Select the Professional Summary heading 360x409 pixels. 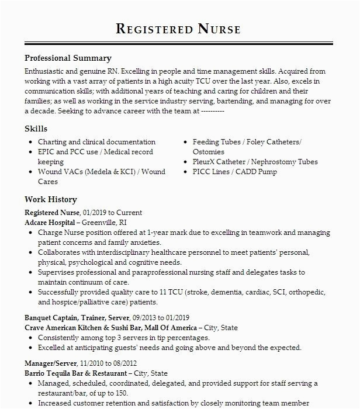(x=68, y=58)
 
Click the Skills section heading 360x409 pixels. (x=36, y=129)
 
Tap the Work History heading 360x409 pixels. (x=51, y=199)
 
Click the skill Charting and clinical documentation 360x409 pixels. (x=96, y=142)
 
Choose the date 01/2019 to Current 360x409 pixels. (x=115, y=213)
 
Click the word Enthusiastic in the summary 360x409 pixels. (x=44, y=70)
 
